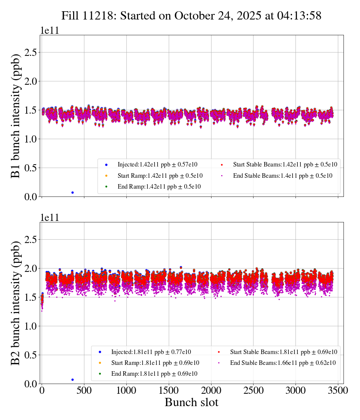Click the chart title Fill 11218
(191, 15)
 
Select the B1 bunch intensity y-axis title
(15, 116)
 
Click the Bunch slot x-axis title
(191, 403)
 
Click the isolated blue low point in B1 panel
(72, 192)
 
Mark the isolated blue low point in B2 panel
(72, 379)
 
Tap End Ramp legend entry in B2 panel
(154, 374)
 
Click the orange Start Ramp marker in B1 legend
(106, 175)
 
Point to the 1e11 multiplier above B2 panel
(49, 217)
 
